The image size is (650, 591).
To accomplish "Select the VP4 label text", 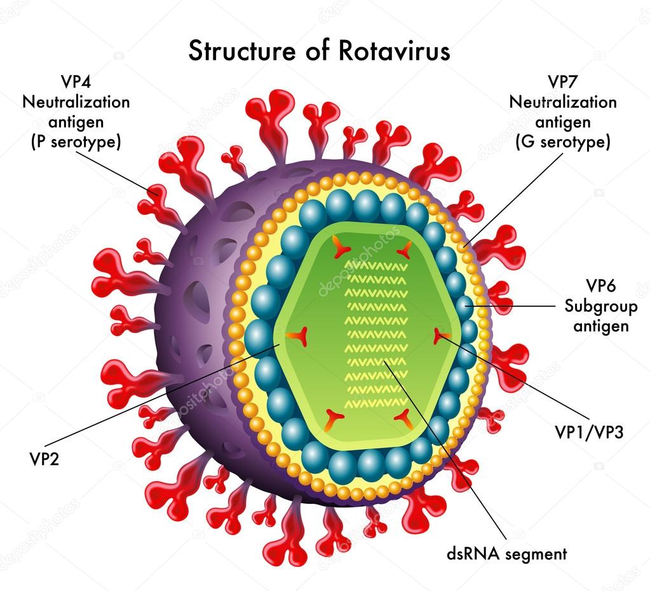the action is point(76,82).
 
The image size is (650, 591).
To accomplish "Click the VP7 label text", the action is point(562,82).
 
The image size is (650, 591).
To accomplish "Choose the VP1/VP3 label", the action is point(589,433).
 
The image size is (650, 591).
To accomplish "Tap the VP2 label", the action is point(44,458).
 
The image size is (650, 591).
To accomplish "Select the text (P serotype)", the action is point(76,142).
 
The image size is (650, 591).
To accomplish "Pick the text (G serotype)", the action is point(562,142).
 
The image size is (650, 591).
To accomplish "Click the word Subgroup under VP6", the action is point(600,308).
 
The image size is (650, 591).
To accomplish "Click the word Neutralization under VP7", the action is point(562,102).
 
